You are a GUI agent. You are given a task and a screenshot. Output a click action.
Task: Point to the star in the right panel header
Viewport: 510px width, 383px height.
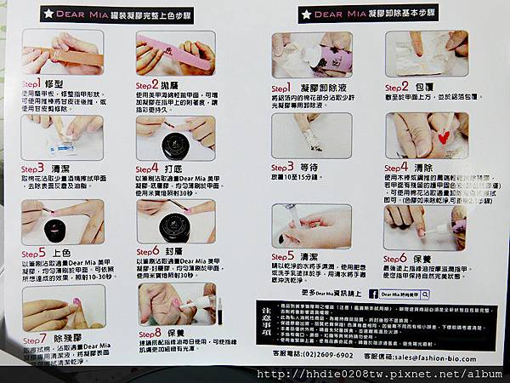tap(303, 14)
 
